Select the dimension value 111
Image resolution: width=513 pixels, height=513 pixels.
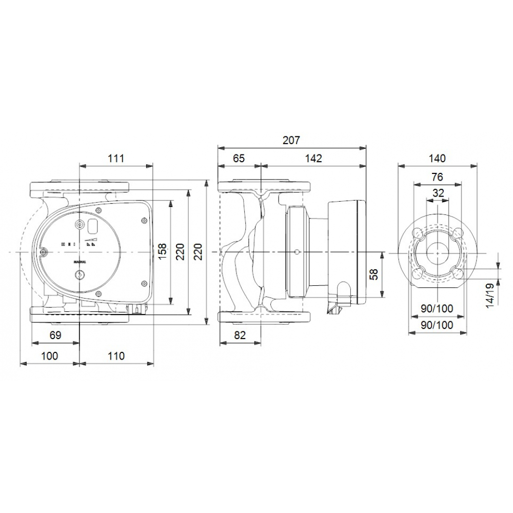[116, 158]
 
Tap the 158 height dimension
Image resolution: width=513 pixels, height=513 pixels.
[162, 252]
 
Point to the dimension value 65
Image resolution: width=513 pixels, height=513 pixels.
[239, 158]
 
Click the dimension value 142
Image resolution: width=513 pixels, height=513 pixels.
[313, 158]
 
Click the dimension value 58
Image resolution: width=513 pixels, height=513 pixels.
[374, 275]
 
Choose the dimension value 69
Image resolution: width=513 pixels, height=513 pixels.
[55, 336]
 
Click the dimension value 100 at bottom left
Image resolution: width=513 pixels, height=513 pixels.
[49, 356]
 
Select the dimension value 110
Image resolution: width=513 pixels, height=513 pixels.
[116, 356]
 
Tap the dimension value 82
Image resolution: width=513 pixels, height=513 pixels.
[240, 336]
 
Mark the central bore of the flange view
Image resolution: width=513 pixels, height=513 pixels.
[437, 252]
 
